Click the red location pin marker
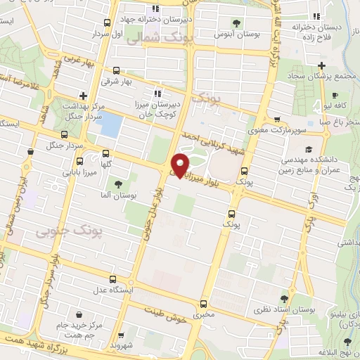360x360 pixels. click(x=181, y=165)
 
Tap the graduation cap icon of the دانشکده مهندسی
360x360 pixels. click(x=308, y=150)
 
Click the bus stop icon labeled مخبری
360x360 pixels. click(x=203, y=304)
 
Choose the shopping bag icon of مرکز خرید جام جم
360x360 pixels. click(x=79, y=314)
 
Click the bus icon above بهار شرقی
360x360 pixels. click(x=116, y=70)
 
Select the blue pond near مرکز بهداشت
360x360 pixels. click(x=109, y=124)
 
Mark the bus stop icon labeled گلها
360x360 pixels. click(x=105, y=153)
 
